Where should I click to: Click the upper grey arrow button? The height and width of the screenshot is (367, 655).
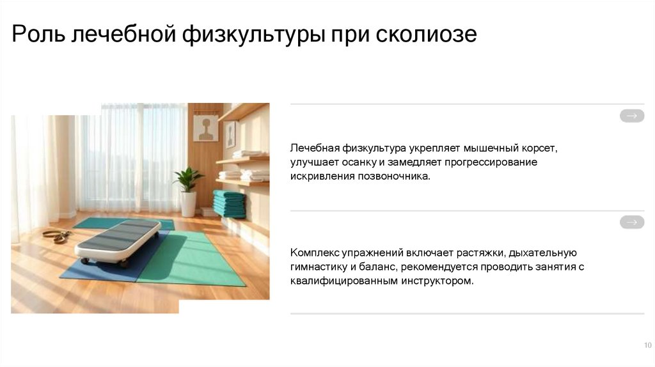pyautogui.click(x=631, y=116)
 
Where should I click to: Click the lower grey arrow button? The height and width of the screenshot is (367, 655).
pyautogui.click(x=631, y=223)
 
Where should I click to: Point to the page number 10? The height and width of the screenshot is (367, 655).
pyautogui.click(x=647, y=345)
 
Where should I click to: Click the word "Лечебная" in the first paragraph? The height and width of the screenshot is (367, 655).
pyautogui.click(x=313, y=148)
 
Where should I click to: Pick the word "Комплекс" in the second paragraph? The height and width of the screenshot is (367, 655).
pyautogui.click(x=315, y=253)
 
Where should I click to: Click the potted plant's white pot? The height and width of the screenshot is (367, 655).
pyautogui.click(x=188, y=204)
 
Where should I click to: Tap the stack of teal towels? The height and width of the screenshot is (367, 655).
pyautogui.click(x=229, y=203)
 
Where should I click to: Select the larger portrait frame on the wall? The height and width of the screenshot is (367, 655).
pyautogui.click(x=205, y=128)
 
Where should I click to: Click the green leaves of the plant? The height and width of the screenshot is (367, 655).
pyautogui.click(x=187, y=178)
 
